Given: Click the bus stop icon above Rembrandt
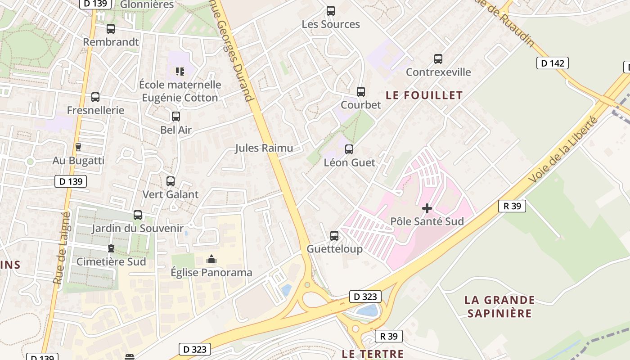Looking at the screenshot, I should tap(111, 29).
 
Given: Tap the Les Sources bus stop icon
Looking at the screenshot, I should tap(331, 11).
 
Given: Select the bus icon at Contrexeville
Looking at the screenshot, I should tap(438, 59).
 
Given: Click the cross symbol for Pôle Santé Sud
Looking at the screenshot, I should tap(427, 208).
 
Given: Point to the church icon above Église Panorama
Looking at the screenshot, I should tap(211, 259).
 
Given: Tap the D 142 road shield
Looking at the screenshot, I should tap(552, 63).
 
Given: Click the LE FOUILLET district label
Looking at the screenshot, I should tap(424, 95).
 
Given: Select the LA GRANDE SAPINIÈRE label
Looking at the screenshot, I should tap(499, 306).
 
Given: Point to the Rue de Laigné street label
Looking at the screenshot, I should tap(62, 248).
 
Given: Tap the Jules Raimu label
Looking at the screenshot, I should tap(264, 148).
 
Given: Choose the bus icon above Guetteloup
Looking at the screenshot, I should tap(334, 236).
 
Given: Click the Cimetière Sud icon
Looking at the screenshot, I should tap(111, 248).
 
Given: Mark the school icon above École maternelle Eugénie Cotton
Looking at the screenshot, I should tap(180, 71).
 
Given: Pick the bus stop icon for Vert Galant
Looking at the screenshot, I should tap(171, 181).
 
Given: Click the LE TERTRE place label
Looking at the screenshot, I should tap(373, 354).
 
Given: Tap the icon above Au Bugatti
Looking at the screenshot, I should tap(78, 147).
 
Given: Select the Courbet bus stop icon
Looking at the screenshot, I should tap(361, 92).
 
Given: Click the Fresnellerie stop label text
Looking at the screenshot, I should tap(95, 110).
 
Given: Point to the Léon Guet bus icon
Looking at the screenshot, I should tap(349, 149).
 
